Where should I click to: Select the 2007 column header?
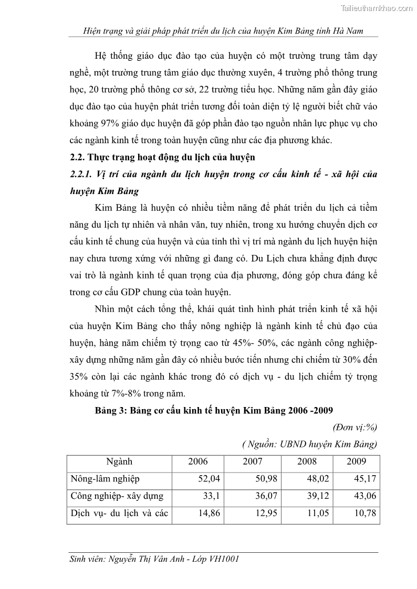click(x=252, y=462)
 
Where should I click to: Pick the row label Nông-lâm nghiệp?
click(x=105, y=478)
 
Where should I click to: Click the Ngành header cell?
click(x=119, y=462)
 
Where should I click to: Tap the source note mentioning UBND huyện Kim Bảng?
click(x=310, y=445)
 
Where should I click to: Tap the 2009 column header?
click(x=357, y=462)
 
